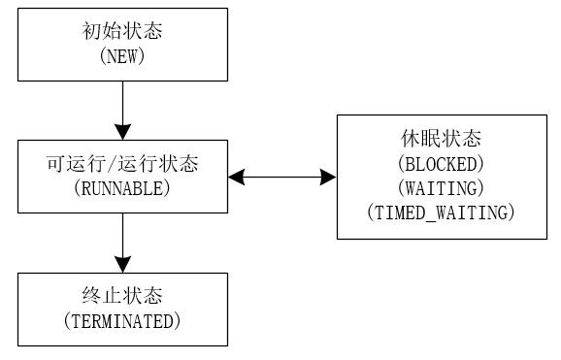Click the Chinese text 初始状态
(122, 32)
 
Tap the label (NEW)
(122, 56)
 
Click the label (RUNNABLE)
(122, 188)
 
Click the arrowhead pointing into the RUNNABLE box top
(122, 131)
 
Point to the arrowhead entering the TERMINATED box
(122, 263)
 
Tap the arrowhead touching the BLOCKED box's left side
(328, 178)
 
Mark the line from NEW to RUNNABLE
(122, 102)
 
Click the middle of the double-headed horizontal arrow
(282, 178)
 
